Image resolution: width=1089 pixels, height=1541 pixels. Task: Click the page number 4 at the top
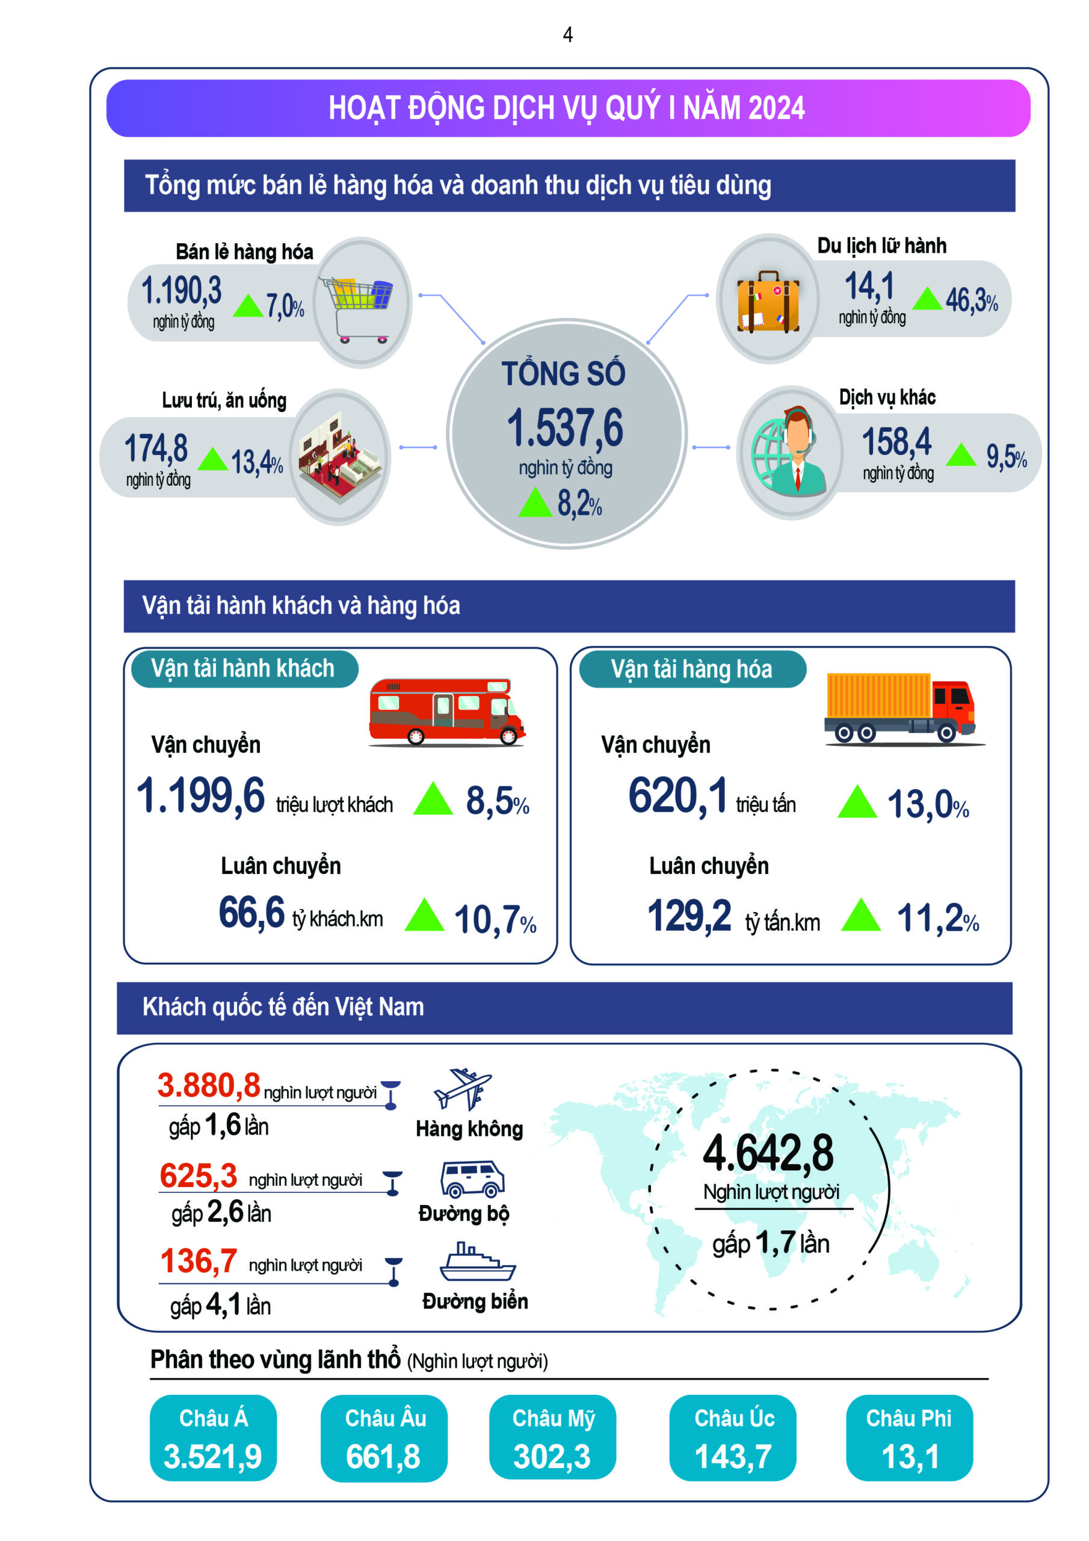coord(567,35)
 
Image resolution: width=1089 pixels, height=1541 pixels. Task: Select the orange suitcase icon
coord(768,302)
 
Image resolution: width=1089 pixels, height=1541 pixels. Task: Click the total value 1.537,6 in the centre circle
coord(565,427)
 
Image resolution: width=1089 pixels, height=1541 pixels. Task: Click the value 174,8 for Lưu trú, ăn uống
coord(156,448)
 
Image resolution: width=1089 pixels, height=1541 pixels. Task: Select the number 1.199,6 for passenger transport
coord(200,796)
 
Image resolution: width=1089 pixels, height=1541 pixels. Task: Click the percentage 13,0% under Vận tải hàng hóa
coord(927,804)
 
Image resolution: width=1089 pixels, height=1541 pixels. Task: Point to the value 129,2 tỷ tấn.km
coord(689,916)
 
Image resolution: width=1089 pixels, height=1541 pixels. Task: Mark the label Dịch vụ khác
coord(887,397)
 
